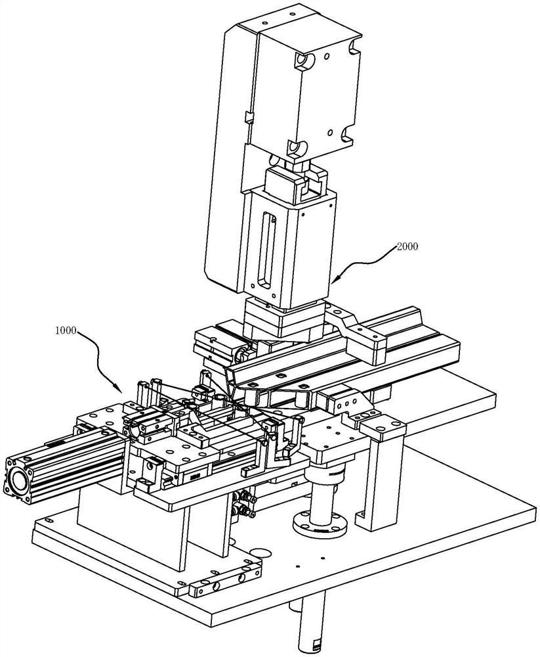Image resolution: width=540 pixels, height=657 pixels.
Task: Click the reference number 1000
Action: (x=66, y=330)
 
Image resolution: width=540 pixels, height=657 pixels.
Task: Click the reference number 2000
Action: (x=407, y=246)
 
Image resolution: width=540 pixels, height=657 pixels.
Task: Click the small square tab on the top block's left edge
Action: (x=248, y=118)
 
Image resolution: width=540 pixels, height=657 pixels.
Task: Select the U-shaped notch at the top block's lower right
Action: (x=348, y=135)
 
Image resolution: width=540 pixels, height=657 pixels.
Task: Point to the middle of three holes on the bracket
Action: (x=347, y=402)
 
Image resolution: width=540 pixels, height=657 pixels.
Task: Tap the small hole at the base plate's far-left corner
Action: (x=49, y=520)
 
